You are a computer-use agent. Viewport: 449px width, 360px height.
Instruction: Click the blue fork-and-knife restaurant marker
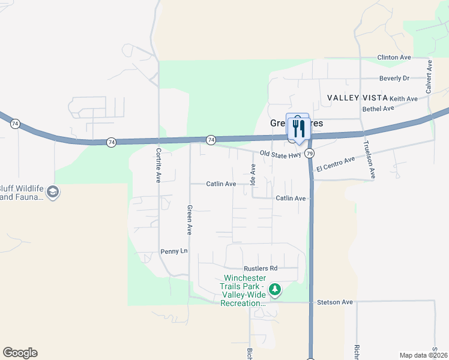(298, 127)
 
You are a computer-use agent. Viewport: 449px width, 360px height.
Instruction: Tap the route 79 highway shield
(309, 154)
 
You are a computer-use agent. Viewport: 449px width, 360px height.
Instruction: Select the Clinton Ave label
(394, 57)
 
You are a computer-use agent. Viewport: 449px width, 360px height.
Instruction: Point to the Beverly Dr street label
(394, 78)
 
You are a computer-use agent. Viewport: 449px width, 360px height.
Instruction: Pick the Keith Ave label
(403, 98)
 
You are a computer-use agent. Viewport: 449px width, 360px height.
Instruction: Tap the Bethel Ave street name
(378, 109)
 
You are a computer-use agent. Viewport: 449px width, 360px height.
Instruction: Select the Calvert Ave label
(429, 74)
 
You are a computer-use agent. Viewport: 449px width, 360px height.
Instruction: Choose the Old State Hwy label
(280, 154)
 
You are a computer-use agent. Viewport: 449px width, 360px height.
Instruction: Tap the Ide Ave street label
(253, 175)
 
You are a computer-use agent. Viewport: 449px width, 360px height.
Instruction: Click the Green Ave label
(189, 220)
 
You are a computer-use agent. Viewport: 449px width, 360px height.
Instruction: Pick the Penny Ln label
(174, 251)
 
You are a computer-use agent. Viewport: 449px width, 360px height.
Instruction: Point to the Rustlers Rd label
(261, 268)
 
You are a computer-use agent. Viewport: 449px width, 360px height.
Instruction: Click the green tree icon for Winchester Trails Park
(275, 290)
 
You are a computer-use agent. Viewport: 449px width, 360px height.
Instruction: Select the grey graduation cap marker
(52, 193)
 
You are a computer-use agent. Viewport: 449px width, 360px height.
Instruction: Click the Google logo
(20, 353)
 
